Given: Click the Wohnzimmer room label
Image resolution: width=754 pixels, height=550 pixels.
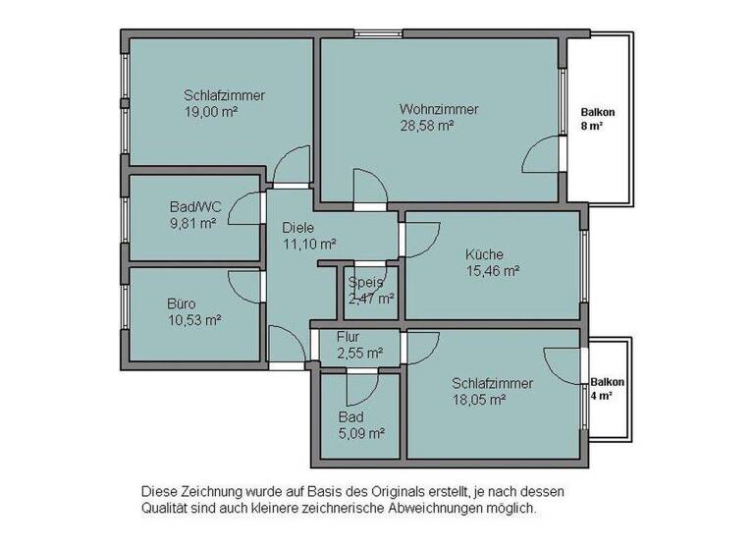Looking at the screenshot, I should coord(438,109).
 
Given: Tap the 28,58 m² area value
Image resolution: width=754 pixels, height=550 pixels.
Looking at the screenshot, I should coord(426,126).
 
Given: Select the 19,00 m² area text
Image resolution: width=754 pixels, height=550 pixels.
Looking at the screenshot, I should coord(211,112).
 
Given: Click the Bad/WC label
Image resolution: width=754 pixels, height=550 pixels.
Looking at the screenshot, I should coord(195,206).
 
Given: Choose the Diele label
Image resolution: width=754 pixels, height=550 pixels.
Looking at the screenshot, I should coord(298,227).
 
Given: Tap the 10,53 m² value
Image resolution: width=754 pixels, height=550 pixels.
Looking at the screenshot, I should coord(193,320).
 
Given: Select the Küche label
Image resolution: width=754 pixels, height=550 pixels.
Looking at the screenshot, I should coord(484,255).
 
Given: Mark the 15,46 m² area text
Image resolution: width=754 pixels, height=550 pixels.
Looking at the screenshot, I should coord(492,272).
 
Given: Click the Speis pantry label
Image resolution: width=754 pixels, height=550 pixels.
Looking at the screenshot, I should coord(365,282).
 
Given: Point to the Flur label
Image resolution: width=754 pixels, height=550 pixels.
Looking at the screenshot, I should coord(349,337).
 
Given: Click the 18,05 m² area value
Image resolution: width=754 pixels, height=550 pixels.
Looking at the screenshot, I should coord(478,400).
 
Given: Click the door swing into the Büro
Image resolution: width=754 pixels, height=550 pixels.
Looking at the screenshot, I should coord(246,285).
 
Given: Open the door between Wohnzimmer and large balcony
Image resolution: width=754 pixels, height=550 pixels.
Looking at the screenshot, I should coord(543,154).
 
